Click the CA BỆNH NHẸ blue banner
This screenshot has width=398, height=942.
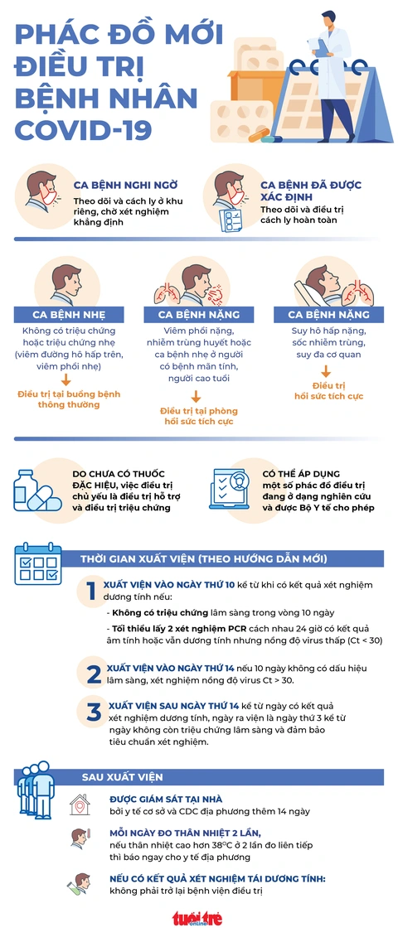coord(67,314)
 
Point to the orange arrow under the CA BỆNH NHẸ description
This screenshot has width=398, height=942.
coord(66,379)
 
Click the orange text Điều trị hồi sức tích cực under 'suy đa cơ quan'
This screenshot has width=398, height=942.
coord(328,390)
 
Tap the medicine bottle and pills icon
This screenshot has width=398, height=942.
coord(36,490)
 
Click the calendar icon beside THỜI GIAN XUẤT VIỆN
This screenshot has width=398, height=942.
coord(38,563)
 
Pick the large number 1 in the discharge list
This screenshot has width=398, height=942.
coord(90,592)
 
